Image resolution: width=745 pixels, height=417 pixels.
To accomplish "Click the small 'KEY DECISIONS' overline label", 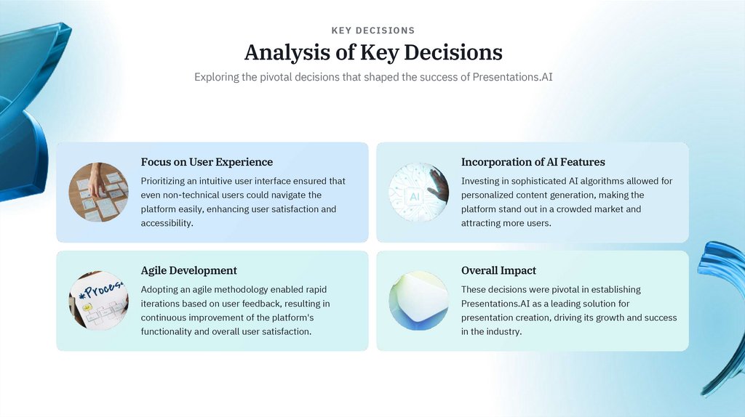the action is [372, 31].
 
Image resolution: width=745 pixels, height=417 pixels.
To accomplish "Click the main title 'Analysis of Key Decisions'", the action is [372, 52].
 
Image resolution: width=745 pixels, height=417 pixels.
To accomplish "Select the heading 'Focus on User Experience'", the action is [207, 162].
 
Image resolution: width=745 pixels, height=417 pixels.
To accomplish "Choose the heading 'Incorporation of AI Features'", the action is [533, 162].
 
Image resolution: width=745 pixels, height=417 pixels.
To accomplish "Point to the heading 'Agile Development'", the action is [188, 270].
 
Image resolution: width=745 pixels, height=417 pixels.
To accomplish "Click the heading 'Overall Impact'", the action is [498, 270].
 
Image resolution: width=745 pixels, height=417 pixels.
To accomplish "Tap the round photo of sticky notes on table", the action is [98, 192].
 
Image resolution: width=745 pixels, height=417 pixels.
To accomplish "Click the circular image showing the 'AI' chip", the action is [418, 192].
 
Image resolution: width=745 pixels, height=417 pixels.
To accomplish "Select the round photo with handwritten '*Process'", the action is [98, 301].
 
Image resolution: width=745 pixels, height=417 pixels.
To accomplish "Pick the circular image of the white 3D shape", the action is [418, 301].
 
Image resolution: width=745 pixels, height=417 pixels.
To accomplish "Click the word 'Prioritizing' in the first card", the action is [163, 181].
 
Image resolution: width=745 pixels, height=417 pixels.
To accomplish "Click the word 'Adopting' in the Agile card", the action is [159, 289].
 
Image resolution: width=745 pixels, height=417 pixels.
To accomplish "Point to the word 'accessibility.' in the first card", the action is [167, 223].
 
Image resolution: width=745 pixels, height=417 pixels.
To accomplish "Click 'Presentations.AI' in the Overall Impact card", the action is [495, 304].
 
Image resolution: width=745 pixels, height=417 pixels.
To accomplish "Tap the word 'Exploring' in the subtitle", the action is [216, 77].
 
